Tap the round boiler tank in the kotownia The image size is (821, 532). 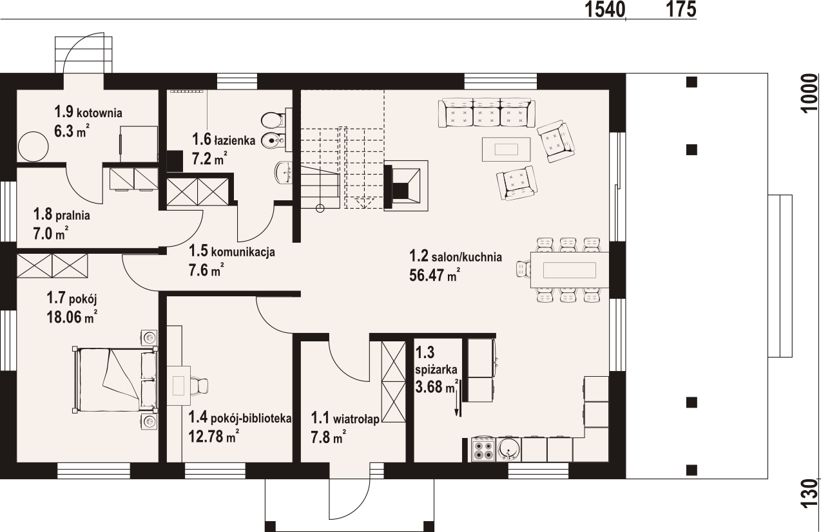point(33,146)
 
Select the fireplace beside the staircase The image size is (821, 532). point(406,185)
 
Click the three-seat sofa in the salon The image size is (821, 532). point(487,113)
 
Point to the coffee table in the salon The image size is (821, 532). point(506,149)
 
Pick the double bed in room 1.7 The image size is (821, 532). point(115,379)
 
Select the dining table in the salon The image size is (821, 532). point(570,270)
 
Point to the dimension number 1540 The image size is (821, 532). point(604,10)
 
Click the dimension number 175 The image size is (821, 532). point(681,10)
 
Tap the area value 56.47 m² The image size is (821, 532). point(435,276)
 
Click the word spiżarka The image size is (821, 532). point(436,370)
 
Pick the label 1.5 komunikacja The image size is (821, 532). point(231,251)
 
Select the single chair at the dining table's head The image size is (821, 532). point(523,269)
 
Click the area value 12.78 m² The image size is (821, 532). point(214,437)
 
